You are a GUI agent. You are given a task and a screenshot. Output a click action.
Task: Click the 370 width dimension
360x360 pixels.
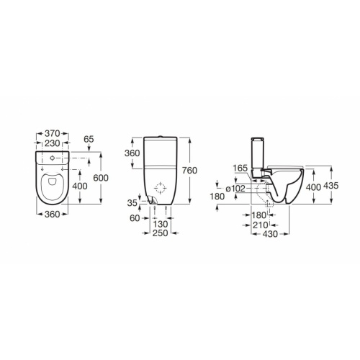[52, 133]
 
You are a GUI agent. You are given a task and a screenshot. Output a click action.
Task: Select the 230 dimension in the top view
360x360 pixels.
[53, 143]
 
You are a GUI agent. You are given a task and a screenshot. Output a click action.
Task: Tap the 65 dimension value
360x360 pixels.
[89, 139]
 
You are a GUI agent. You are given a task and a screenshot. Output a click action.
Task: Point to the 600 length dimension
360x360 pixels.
[101, 178]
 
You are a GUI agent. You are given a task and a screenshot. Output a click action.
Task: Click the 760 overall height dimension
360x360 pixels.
[189, 171]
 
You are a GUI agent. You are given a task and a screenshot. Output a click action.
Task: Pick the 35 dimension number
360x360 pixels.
[132, 203]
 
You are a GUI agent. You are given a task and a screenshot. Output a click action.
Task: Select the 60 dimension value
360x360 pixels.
[135, 218]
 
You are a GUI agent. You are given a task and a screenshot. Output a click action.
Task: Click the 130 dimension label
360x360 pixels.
[161, 225]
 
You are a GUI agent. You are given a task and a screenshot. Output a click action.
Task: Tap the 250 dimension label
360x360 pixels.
[161, 233]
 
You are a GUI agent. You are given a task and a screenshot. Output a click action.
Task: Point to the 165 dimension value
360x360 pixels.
[240, 168]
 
